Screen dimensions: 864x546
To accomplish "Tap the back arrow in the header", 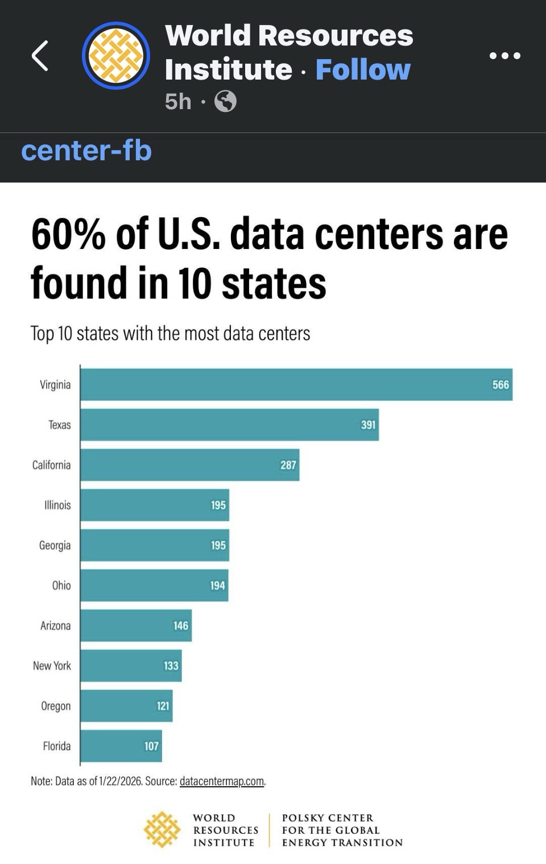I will pos(40,56).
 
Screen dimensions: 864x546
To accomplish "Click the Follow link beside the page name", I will pos(363,70).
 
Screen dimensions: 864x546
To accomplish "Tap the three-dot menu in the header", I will pos(504,56).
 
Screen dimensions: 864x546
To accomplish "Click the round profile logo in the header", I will pos(116,56).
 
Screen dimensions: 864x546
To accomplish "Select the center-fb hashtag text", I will pos(86,151).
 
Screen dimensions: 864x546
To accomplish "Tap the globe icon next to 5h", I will pos(225,102).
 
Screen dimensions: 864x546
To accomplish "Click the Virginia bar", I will pos(296,385).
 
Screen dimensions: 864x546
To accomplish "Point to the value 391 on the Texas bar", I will pos(368,425).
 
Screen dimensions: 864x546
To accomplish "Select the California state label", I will pos(51,465).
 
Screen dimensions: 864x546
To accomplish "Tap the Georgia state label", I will pos(55,545).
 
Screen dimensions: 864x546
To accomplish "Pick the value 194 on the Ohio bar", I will pos(217,585).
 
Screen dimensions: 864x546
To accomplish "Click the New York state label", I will pos(52,666).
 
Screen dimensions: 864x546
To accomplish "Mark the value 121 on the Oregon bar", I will pos(163,706).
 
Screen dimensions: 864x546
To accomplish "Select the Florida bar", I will pos(121,746).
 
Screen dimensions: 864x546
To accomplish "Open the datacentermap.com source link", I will pos(222,781).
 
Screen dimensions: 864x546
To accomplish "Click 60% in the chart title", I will pos(68,234).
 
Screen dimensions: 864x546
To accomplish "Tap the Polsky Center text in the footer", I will pos(342,830).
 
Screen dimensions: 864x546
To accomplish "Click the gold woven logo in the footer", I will pos(162,830).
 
